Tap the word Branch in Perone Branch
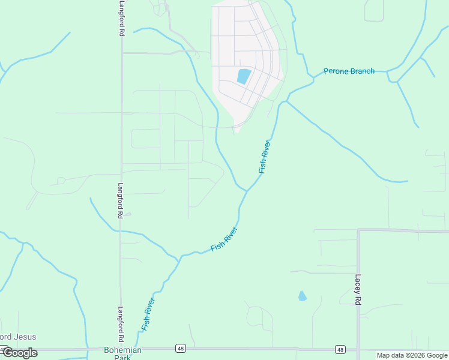tap(362, 71)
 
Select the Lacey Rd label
tap(358, 290)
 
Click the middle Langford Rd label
tap(121, 200)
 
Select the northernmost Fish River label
tap(265, 157)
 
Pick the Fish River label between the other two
tap(224, 239)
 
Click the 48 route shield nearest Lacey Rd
tap(340, 349)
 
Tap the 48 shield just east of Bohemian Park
tap(179, 348)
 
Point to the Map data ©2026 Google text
tap(412, 355)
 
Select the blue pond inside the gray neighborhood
tap(244, 76)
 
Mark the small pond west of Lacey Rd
tap(302, 296)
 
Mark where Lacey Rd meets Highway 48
tap(358, 349)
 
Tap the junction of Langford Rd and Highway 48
tap(121, 348)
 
